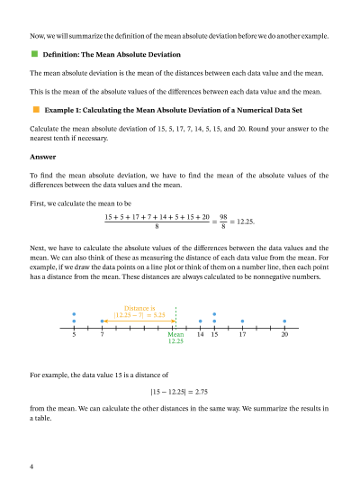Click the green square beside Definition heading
[34, 55]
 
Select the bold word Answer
[42, 156]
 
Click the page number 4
[31, 466]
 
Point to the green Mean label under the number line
[175, 334]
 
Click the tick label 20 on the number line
[284, 334]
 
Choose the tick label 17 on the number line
[242, 334]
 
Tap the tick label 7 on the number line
[102, 334]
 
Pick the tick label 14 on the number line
[200, 334]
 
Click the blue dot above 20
[284, 321]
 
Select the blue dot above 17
[242, 321]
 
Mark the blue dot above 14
[200, 321]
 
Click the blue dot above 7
[102, 321]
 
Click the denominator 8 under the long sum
[157, 227]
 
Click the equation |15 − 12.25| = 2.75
[179, 392]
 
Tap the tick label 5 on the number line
[74, 334]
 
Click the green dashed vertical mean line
[175, 316]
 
